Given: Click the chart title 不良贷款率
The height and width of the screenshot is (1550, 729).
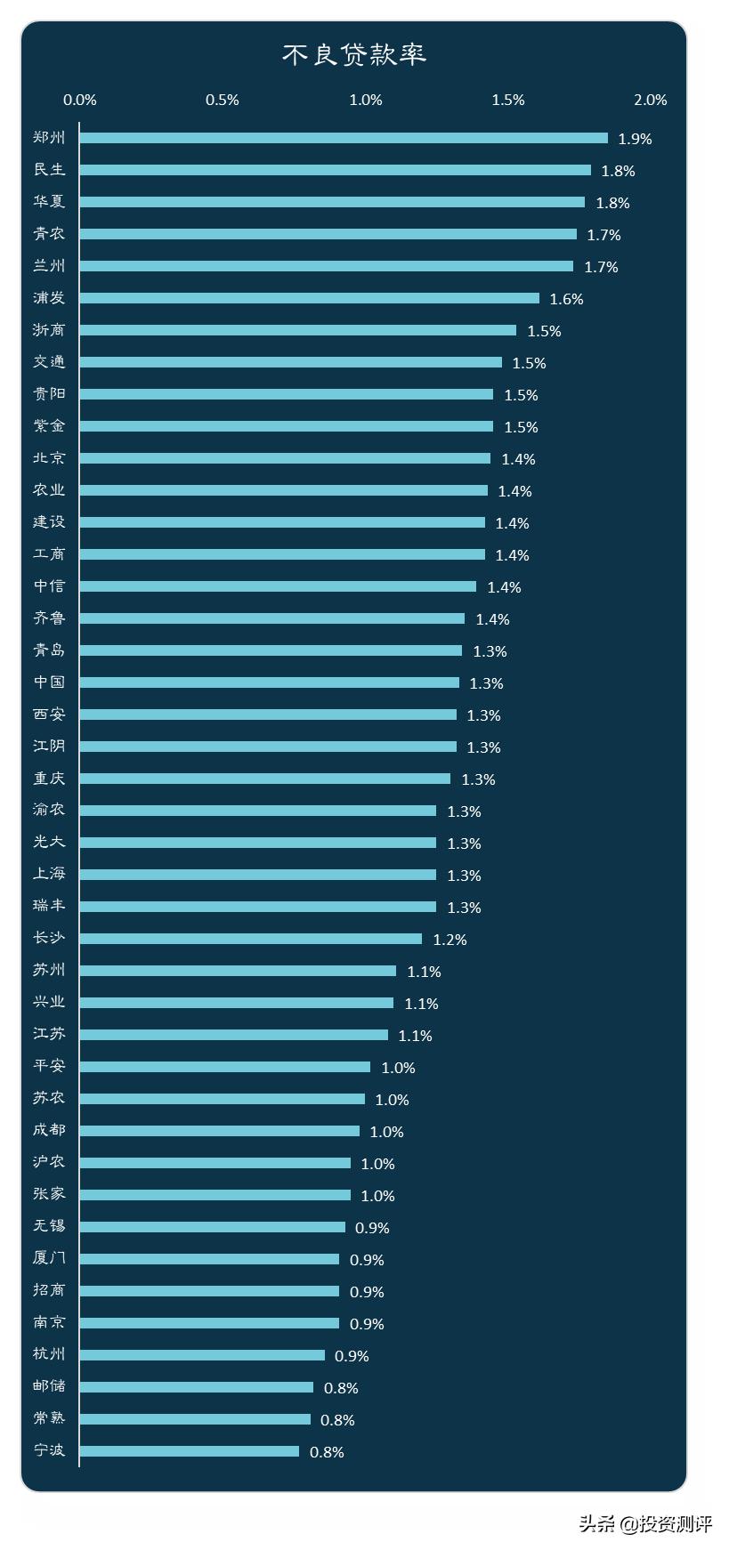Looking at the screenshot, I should tap(354, 54).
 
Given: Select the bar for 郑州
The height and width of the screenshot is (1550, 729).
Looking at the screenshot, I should tap(344, 138).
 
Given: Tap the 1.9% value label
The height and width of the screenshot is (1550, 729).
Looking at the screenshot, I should tap(635, 139).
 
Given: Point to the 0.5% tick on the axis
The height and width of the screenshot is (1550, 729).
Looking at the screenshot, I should tap(223, 100).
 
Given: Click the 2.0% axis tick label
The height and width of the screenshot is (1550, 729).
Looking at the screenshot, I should tap(651, 100).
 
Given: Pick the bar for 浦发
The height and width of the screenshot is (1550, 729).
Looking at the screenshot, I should tap(309, 298).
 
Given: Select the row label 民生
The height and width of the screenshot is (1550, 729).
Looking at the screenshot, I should tap(49, 170).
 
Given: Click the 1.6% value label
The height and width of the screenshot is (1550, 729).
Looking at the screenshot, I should tap(566, 299).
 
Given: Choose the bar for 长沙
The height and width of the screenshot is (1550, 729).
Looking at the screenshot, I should tap(250, 939).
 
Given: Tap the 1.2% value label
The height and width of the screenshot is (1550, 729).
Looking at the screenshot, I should tap(450, 940).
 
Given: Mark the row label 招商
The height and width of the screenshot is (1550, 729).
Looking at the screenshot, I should tap(49, 1291).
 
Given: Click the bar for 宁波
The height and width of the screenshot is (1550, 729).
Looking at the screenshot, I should tap(189, 1451).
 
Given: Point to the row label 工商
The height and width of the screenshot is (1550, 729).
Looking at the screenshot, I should tap(49, 554).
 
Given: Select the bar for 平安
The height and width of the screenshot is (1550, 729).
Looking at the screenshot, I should tap(224, 1067).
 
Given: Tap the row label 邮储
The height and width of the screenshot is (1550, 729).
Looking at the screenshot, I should tap(49, 1387).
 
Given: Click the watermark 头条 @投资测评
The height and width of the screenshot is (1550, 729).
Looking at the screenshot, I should tap(645, 1523).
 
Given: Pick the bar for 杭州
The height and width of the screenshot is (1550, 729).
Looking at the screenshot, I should tap(202, 1355).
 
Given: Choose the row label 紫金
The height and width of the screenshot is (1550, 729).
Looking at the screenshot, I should tap(49, 426).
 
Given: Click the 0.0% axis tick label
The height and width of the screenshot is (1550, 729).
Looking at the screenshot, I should tap(80, 100).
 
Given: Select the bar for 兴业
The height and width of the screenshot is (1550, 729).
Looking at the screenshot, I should tap(236, 1003).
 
